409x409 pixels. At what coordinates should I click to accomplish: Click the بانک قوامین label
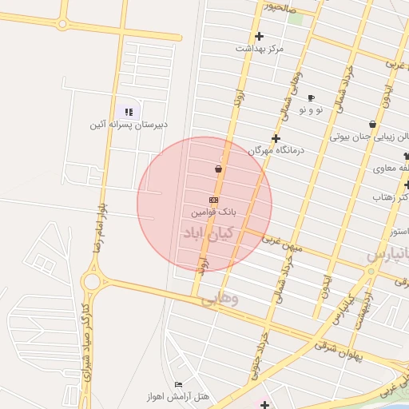pyautogui.click(x=213, y=213)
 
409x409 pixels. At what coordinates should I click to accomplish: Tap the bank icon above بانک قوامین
pyautogui.click(x=213, y=200)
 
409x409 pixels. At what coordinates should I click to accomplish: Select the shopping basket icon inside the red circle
pyautogui.click(x=218, y=169)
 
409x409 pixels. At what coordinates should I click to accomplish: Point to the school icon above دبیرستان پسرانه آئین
pyautogui.click(x=129, y=112)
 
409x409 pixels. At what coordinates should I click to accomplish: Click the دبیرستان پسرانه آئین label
pyautogui.click(x=128, y=125)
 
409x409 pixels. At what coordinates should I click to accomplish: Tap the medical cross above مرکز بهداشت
pyautogui.click(x=259, y=36)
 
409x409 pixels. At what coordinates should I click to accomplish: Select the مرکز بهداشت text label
pyautogui.click(x=260, y=49)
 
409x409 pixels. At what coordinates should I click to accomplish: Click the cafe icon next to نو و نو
pyautogui.click(x=311, y=97)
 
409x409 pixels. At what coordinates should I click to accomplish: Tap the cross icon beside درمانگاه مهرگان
pyautogui.click(x=276, y=138)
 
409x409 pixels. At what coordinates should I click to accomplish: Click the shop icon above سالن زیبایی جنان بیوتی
pyautogui.click(x=373, y=124)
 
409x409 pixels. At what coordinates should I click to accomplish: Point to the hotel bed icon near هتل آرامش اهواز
pyautogui.click(x=178, y=385)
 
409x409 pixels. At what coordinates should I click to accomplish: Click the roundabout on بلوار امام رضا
pyautogui.click(x=90, y=280)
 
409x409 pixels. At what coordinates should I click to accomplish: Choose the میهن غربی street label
pyautogui.click(x=287, y=245)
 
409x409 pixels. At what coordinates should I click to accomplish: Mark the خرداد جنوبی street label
pyautogui.click(x=261, y=350)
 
